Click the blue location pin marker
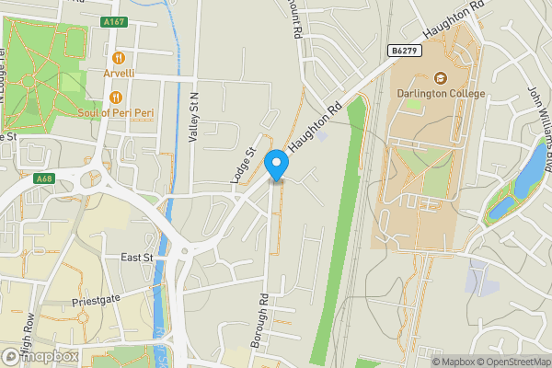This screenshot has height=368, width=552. [276, 164]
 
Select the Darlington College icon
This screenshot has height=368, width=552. [440, 78]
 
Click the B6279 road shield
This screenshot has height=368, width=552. [404, 51]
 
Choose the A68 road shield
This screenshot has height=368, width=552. [42, 178]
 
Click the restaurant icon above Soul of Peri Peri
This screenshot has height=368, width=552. [116, 98]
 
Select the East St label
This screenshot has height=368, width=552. [136, 259]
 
